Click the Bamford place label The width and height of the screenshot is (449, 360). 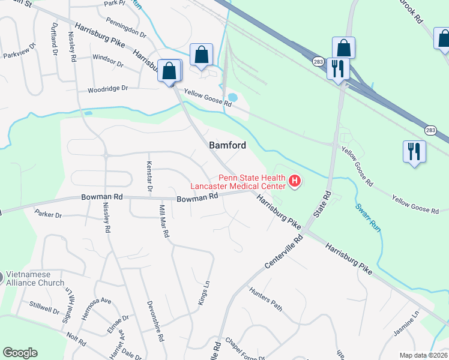tap(228, 145)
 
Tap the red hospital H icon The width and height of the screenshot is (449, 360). tap(295, 181)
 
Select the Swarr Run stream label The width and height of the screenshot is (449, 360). tap(367, 218)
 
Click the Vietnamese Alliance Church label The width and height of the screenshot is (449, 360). tap(36, 278)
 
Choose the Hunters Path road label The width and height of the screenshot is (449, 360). tap(265, 298)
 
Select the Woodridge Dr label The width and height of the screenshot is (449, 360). tap(108, 89)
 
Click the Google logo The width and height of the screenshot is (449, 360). tap(20, 353)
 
